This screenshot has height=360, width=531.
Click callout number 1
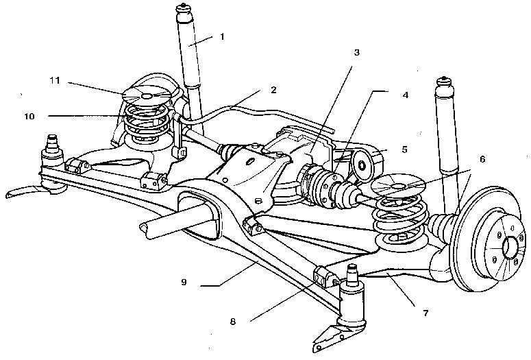222,36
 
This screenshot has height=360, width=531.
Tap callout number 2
273,90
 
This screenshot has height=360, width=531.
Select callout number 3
356,53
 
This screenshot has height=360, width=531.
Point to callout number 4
406,95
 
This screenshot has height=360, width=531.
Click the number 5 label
404,149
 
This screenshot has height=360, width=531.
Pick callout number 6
482,159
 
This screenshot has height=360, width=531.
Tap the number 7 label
425,313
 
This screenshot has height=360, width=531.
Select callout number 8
233,322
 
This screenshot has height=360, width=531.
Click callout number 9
184,282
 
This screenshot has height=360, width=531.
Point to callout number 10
29,117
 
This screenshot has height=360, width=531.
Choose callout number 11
55,80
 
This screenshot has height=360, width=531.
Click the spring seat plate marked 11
147,95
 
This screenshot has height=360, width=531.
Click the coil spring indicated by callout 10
147,123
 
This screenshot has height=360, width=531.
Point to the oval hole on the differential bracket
250,161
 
